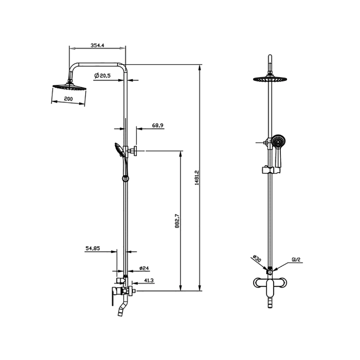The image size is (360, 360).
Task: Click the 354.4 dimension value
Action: pos(97,45)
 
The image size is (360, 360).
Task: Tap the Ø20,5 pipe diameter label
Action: pos(102,75)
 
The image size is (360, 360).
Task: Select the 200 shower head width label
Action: pos(68,99)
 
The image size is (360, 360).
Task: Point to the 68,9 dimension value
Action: pos(158,125)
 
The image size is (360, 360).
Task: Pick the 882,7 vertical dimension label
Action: pos(177,221)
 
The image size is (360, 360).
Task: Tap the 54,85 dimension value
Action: pos(93,248)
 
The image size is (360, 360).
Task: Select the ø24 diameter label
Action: pos(144,268)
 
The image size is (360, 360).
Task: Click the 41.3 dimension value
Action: pos(149,280)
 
